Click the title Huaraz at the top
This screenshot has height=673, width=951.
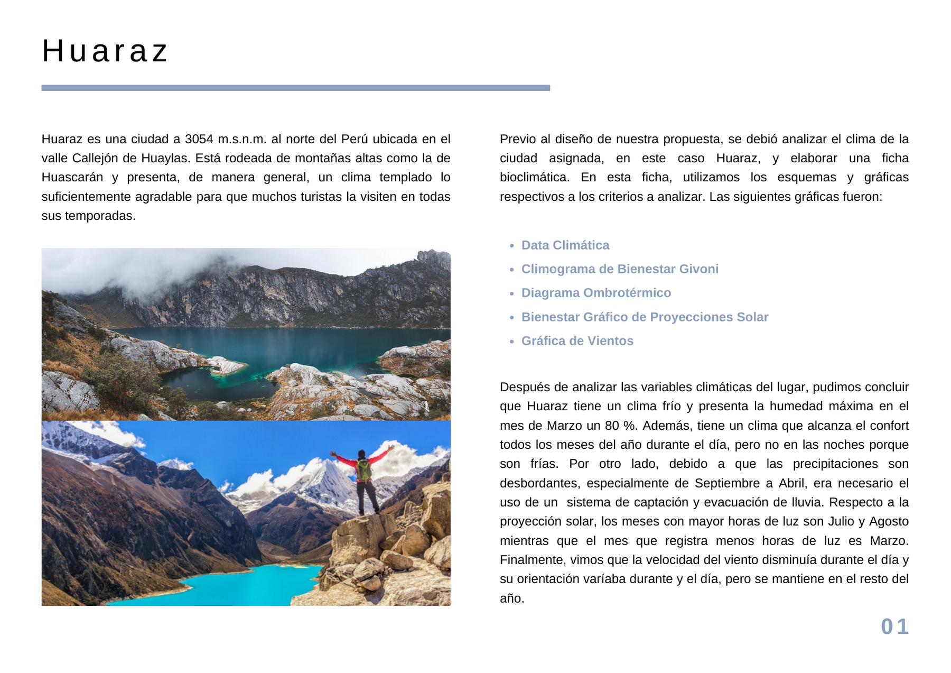[x=105, y=51]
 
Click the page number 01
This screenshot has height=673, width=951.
[x=894, y=626]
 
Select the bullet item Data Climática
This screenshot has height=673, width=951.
[x=565, y=245]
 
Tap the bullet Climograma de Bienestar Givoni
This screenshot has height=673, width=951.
[x=619, y=269]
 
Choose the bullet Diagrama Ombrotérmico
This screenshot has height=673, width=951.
[x=596, y=293]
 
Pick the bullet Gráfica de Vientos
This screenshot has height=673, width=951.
[x=577, y=341]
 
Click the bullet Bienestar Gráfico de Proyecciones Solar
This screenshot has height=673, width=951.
[x=645, y=317]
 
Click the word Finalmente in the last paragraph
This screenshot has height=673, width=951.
[x=526, y=560]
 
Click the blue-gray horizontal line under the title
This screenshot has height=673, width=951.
[x=295, y=88]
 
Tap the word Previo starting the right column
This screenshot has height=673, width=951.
[x=516, y=139]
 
